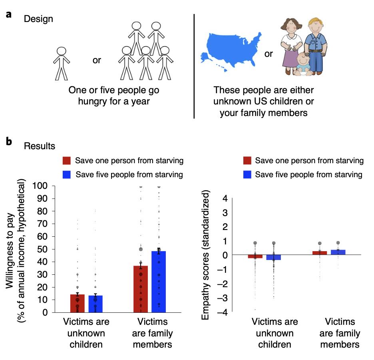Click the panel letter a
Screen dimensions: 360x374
(x=8, y=15)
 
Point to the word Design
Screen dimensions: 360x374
(x=38, y=19)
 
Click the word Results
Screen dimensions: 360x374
(x=40, y=146)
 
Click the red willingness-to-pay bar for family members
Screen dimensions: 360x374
(x=141, y=289)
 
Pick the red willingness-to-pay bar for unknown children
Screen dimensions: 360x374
(x=78, y=303)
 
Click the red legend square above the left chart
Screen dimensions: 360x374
(x=67, y=161)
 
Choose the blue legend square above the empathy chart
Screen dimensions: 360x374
(x=247, y=174)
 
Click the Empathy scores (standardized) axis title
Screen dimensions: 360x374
(x=205, y=255)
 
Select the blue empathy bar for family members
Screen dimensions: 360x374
(x=338, y=252)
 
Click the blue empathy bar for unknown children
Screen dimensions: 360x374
(x=274, y=257)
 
